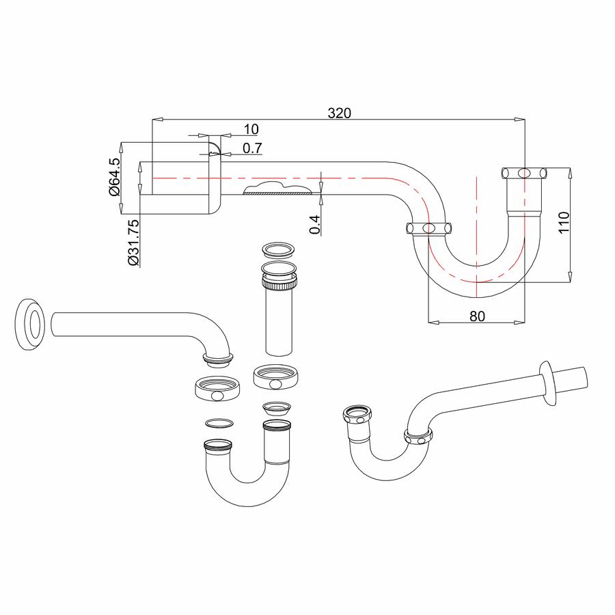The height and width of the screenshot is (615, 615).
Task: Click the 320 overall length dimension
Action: tap(338, 113)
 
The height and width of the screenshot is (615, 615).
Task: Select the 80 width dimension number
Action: tap(476, 316)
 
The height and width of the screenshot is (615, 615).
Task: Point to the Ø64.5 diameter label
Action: tap(114, 176)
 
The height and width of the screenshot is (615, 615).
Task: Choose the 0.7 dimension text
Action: tap(252, 148)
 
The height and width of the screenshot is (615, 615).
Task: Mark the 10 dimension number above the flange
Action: tap(250, 128)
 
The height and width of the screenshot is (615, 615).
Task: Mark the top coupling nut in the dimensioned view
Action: tap(524, 172)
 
